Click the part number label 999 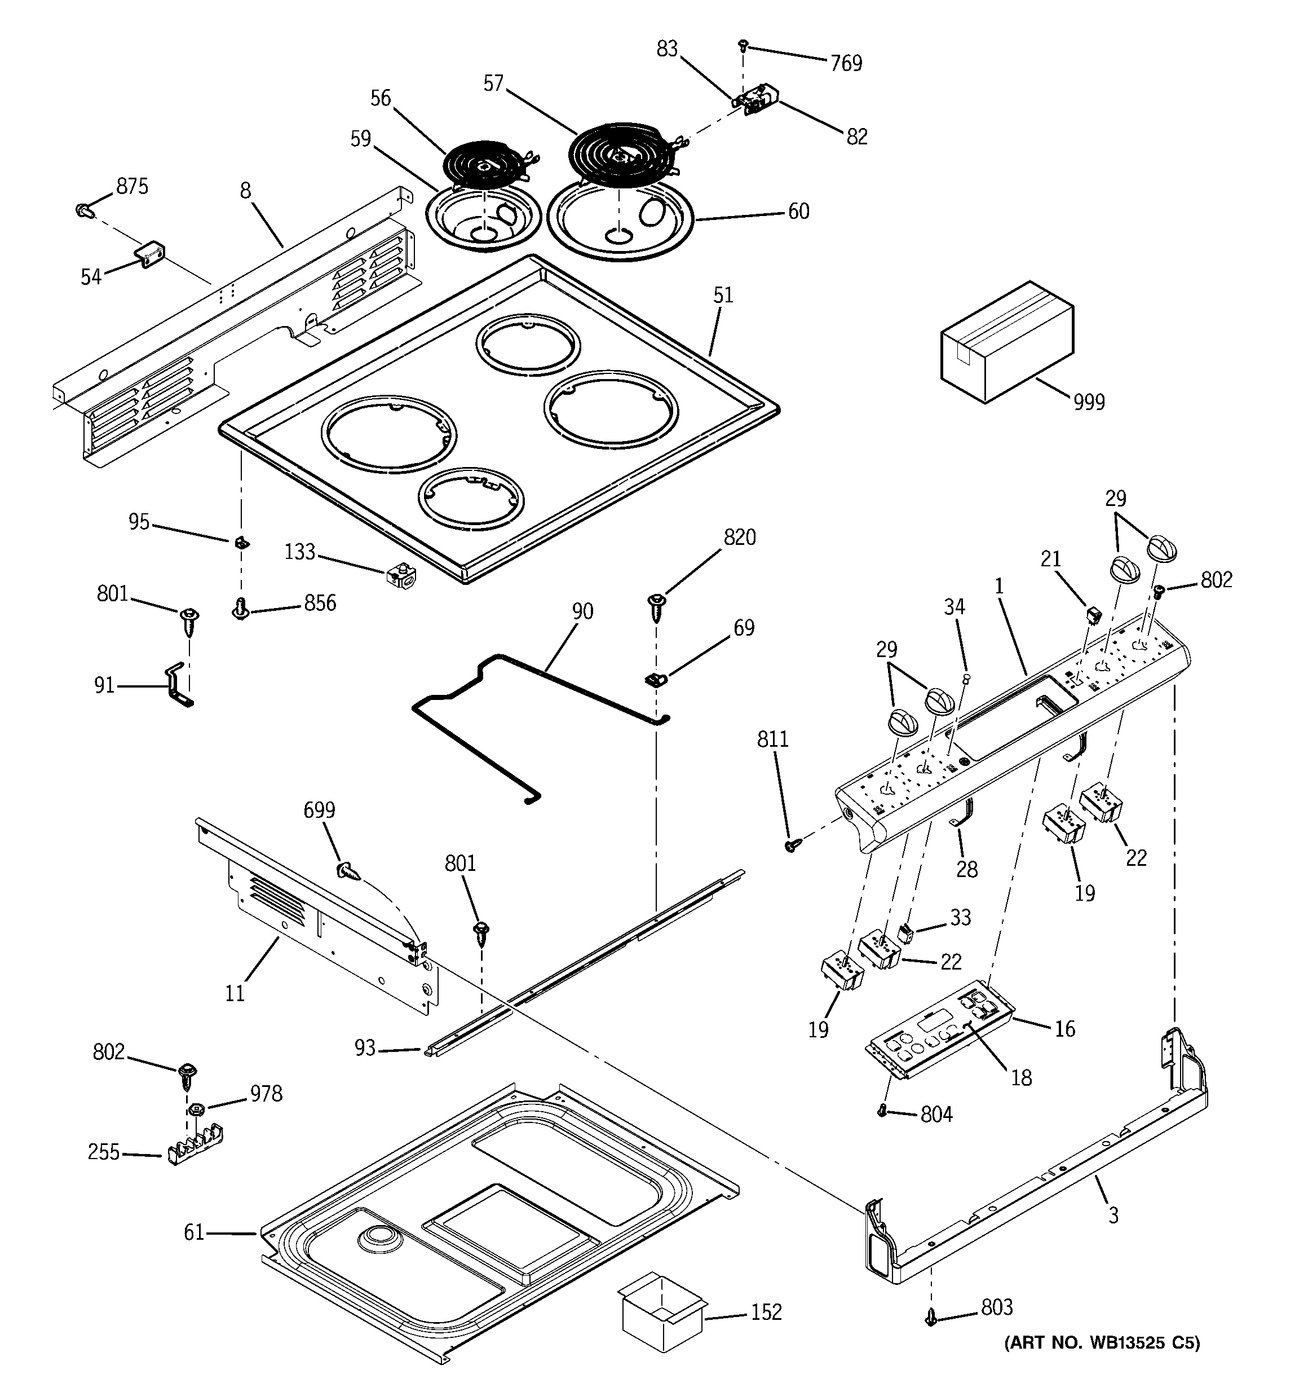pos(1089,402)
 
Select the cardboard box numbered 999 pos(1006,342)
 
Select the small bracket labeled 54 pos(149,253)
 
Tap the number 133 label pos(300,552)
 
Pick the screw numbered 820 pos(656,605)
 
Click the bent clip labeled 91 pos(178,685)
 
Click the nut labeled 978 pos(197,1109)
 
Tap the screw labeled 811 pos(791,846)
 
